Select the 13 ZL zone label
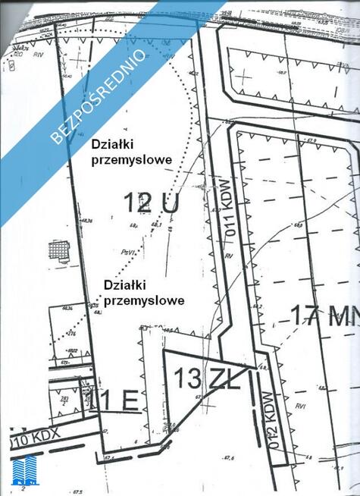(207, 376)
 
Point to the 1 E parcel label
(119, 400)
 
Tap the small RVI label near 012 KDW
(301, 407)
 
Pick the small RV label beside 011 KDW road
(227, 258)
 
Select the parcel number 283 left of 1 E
(64, 399)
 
